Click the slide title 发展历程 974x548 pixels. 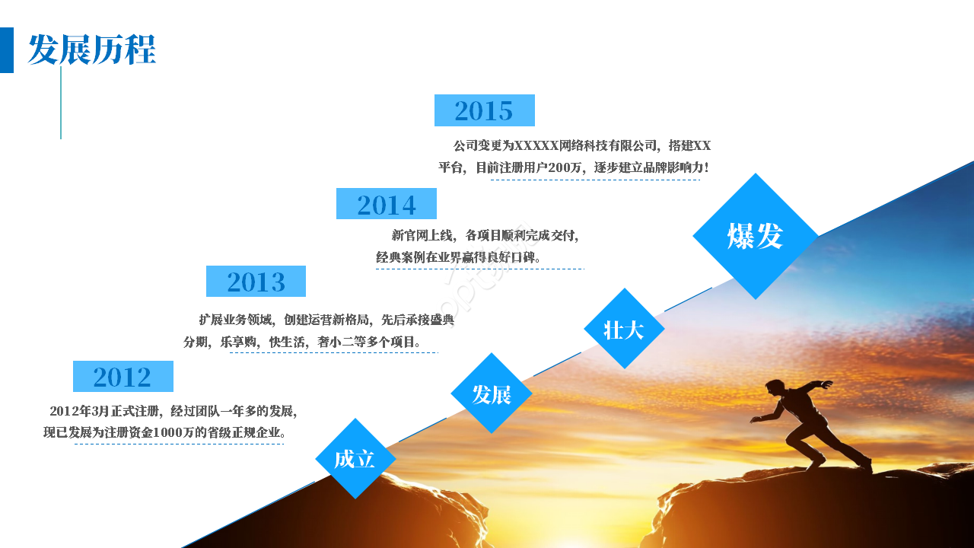click(91, 50)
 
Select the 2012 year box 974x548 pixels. click(123, 377)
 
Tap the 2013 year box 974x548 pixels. click(256, 282)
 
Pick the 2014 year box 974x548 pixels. click(387, 204)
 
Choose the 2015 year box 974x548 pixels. click(484, 110)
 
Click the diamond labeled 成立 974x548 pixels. click(355, 459)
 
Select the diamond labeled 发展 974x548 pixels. click(491, 393)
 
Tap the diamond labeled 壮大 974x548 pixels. click(624, 329)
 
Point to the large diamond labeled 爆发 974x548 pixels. click(755, 236)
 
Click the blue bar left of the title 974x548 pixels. click(7, 50)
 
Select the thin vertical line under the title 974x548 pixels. click(61, 103)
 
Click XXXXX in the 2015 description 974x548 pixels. click(536, 145)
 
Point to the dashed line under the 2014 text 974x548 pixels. click(479, 269)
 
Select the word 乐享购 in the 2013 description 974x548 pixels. click(236, 342)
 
